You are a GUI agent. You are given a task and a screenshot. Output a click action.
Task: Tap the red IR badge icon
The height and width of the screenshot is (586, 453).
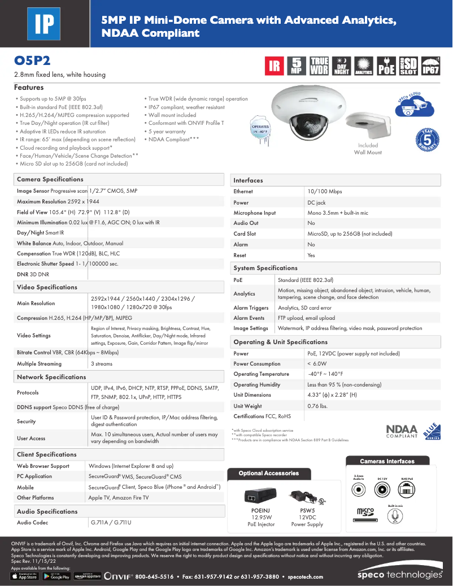coord(275,66)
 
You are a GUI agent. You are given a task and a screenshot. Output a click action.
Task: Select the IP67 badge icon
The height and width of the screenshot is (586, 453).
coord(430,66)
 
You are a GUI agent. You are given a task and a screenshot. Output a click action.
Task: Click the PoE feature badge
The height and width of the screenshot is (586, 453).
coord(386,66)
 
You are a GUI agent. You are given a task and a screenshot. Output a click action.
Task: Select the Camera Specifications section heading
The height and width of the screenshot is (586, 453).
coord(50,180)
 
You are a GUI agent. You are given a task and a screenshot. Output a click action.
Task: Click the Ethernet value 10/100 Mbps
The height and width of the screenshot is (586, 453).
coord(324,192)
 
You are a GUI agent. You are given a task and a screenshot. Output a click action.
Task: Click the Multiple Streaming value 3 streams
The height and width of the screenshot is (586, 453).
coord(102,364)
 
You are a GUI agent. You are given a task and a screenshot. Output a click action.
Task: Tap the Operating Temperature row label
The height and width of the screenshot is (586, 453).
coord(261,374)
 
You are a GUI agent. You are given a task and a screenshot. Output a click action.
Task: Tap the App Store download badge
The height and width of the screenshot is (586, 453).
coord(24,576)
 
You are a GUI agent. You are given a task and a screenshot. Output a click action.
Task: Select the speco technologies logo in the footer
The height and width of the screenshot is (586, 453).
coord(399,575)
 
